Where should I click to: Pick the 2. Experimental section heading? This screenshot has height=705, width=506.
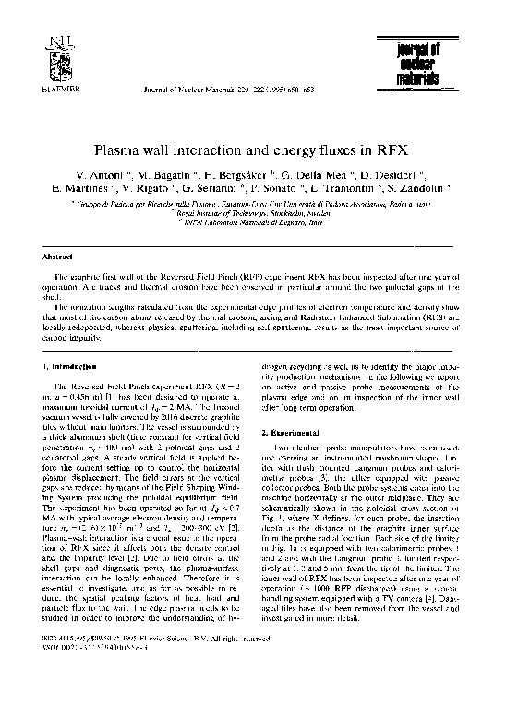pos(295,432)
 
